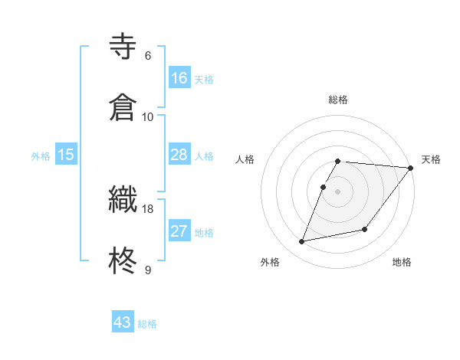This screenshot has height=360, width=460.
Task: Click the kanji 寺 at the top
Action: [124, 47]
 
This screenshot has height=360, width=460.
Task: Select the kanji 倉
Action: [124, 106]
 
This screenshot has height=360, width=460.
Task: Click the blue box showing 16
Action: [179, 78]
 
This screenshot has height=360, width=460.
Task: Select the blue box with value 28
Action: [179, 155]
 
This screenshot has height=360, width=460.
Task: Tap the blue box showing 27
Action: [179, 231]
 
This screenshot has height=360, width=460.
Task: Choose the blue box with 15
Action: [66, 155]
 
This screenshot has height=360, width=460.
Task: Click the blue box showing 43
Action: [123, 322]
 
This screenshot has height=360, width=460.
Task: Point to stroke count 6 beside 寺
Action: [148, 56]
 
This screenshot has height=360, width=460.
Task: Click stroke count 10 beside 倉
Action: [148, 116]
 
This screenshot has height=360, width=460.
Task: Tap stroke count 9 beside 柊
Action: [148, 270]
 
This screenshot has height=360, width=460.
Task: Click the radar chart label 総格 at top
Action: [338, 100]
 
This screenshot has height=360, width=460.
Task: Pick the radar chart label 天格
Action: [431, 159]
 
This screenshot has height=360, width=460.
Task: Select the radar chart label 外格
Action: [270, 262]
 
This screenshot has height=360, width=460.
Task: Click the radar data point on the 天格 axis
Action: [411, 169]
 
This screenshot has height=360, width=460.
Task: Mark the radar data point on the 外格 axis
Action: [302, 242]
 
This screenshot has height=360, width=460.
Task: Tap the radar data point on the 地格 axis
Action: [365, 229]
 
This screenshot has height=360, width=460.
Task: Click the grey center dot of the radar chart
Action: [338, 191]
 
